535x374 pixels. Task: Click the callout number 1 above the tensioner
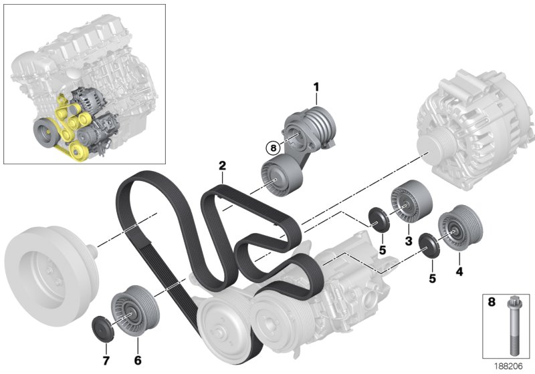coord(317,86)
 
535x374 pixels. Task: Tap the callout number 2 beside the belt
coord(221,165)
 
